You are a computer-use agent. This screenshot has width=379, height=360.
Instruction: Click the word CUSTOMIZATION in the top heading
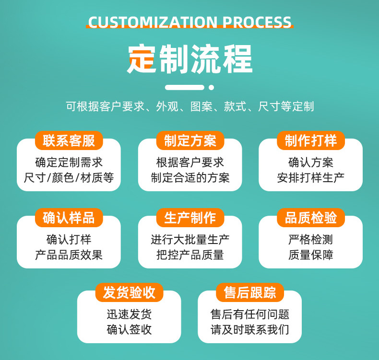153,23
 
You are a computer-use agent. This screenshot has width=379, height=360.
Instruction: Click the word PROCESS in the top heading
257,23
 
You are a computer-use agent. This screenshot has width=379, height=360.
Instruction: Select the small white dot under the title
211,87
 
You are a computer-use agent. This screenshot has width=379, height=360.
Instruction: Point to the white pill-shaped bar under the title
185,87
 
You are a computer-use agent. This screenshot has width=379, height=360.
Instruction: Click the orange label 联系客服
69,140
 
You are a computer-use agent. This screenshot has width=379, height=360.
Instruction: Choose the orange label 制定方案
190,140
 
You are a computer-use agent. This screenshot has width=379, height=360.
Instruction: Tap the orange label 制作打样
310,140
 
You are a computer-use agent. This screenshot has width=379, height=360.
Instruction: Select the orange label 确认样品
69,218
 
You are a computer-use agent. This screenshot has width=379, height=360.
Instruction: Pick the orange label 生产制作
190,218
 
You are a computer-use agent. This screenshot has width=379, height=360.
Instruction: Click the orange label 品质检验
310,218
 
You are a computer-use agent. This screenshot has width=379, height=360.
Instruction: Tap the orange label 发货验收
129,292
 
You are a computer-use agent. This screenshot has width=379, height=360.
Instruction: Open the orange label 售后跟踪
249,292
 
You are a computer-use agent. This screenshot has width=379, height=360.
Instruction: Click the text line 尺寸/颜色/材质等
69,178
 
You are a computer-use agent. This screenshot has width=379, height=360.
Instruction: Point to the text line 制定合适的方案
190,178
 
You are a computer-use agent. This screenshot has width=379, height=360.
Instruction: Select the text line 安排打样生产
310,178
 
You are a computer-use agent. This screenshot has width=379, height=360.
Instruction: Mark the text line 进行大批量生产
190,240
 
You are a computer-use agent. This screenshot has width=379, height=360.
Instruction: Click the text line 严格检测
310,240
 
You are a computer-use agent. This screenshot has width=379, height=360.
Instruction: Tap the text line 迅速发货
129,314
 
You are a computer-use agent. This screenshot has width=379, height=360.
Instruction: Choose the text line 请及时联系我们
249,330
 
